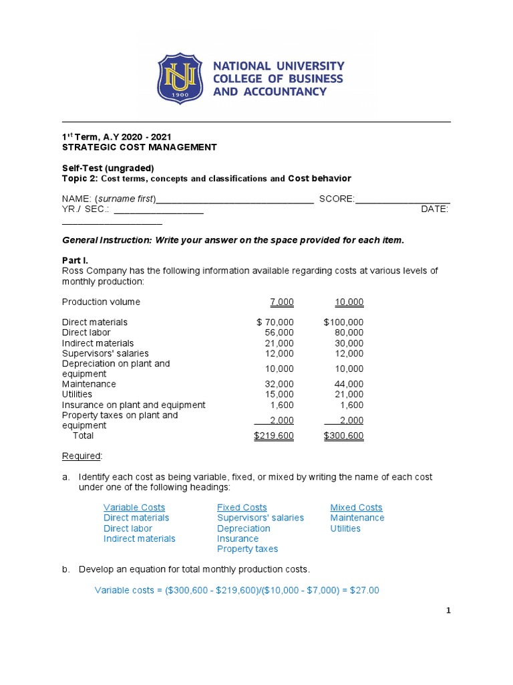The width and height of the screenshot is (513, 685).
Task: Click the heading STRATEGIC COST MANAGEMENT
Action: point(139,147)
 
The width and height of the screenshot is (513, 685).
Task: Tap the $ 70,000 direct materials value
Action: point(275,322)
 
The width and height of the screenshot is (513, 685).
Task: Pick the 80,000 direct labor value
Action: point(349,332)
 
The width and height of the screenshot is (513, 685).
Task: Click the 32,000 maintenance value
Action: point(280,385)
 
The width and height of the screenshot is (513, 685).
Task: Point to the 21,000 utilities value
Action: point(349,395)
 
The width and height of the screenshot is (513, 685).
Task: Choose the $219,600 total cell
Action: point(274,436)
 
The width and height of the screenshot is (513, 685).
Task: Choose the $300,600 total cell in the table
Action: point(343,436)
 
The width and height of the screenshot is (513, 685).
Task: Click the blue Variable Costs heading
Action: point(134,508)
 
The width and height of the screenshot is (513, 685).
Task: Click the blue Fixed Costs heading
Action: point(242,508)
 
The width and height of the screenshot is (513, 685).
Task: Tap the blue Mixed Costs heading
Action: point(356,508)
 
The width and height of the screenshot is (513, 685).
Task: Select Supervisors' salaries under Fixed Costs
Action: point(260,518)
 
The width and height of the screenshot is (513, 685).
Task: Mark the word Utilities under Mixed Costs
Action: point(345,528)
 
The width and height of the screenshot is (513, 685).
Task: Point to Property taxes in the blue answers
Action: point(247,549)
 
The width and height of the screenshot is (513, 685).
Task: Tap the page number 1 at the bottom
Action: point(449,611)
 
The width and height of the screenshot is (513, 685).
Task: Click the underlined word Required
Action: point(81,456)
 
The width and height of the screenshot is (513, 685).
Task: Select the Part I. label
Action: point(75,260)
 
